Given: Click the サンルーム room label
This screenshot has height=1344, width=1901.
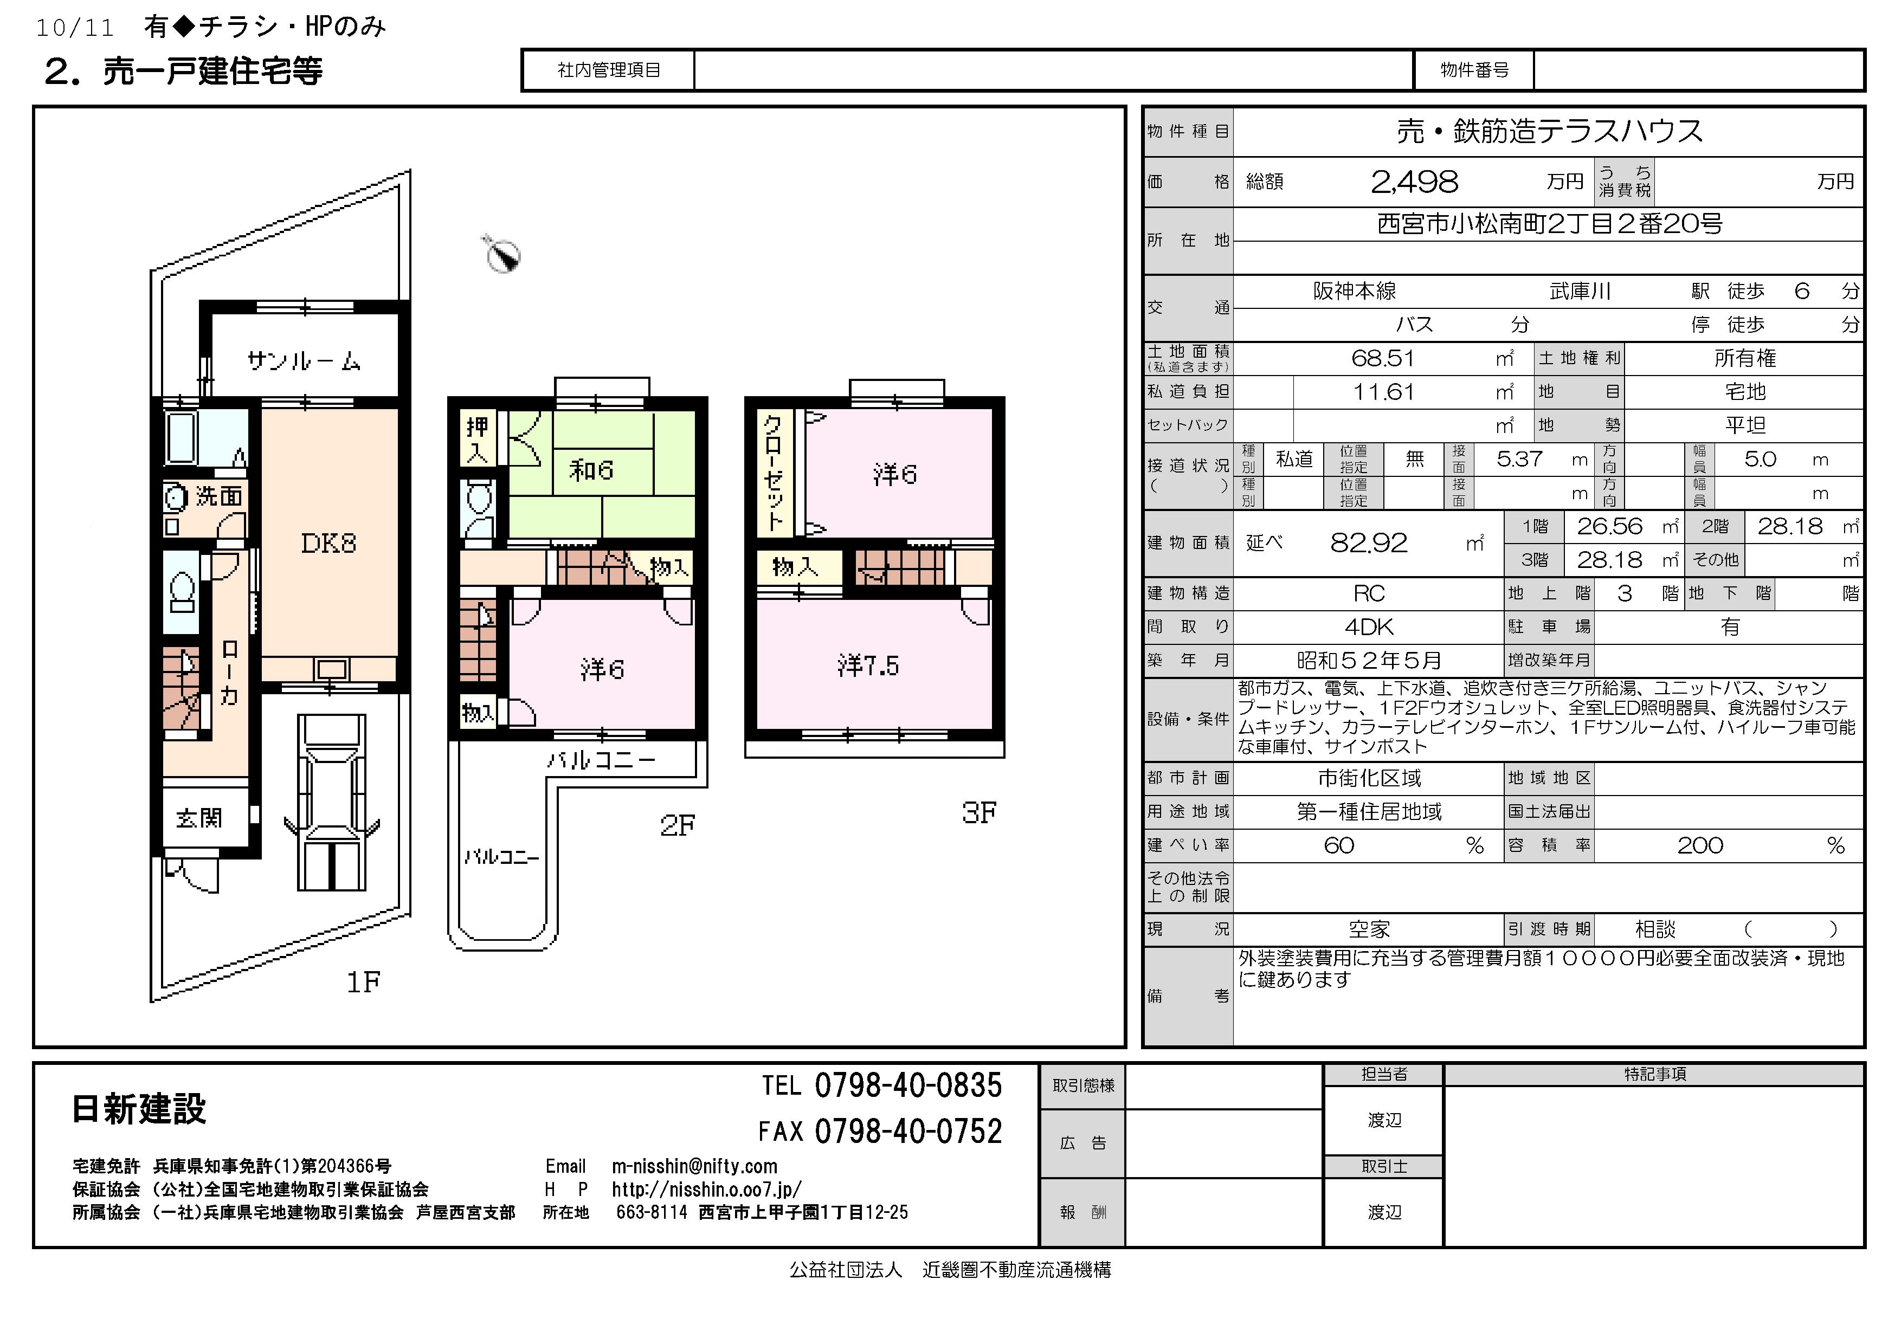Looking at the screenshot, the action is point(304,361).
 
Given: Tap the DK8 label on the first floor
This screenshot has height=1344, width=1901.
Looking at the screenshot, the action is point(328,543).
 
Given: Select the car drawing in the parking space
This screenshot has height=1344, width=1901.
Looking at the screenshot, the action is point(331,803).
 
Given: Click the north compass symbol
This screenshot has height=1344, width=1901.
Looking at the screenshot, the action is point(502,254).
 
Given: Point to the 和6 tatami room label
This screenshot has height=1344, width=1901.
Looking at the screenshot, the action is point(591,470).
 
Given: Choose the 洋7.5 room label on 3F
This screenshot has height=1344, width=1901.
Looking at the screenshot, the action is point(868,665).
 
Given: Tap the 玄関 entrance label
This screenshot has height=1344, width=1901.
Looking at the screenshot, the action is point(199,818).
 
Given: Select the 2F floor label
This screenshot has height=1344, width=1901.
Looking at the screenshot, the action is point(677,825).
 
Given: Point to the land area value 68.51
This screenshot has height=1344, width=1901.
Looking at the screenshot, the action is point(1383,358).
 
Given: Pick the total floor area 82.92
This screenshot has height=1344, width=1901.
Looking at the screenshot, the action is point(1369,543).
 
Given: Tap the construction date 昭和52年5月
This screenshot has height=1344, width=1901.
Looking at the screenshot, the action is point(1369,661).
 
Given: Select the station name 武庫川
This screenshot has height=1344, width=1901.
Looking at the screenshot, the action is point(1580,292).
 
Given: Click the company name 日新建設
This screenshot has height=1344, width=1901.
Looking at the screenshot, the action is point(139,1109).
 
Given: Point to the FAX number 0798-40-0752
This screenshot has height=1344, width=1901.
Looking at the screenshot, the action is point(908,1132).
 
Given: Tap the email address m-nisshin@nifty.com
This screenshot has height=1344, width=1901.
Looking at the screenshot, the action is point(695,1166).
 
